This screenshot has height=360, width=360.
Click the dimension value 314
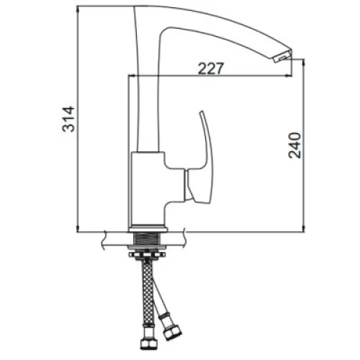click(x=68, y=119)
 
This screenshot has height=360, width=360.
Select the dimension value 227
click(x=210, y=68)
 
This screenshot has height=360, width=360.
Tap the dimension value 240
click(x=294, y=145)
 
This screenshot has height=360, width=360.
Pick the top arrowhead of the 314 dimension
click(x=78, y=9)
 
